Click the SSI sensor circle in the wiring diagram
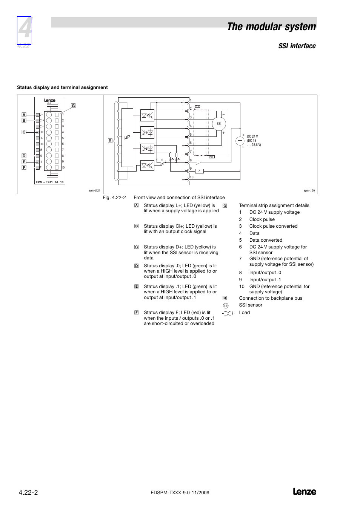(219, 124)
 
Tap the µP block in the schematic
(127, 137)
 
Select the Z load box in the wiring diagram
(199, 171)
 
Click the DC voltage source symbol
(240, 141)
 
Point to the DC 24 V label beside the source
(252, 136)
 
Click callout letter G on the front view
(73, 106)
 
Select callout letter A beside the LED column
(24, 115)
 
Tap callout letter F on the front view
(24, 167)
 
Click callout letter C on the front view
(24, 132)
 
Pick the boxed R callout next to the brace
(110, 141)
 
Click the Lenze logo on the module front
(49, 100)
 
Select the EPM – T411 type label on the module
(50, 182)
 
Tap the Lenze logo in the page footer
(305, 492)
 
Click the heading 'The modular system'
(271, 27)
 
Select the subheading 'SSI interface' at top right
(297, 46)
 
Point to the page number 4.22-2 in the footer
(28, 492)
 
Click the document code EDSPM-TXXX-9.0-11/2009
(180, 493)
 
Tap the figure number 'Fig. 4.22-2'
(114, 198)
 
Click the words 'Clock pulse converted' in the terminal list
(273, 226)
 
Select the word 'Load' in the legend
(245, 313)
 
